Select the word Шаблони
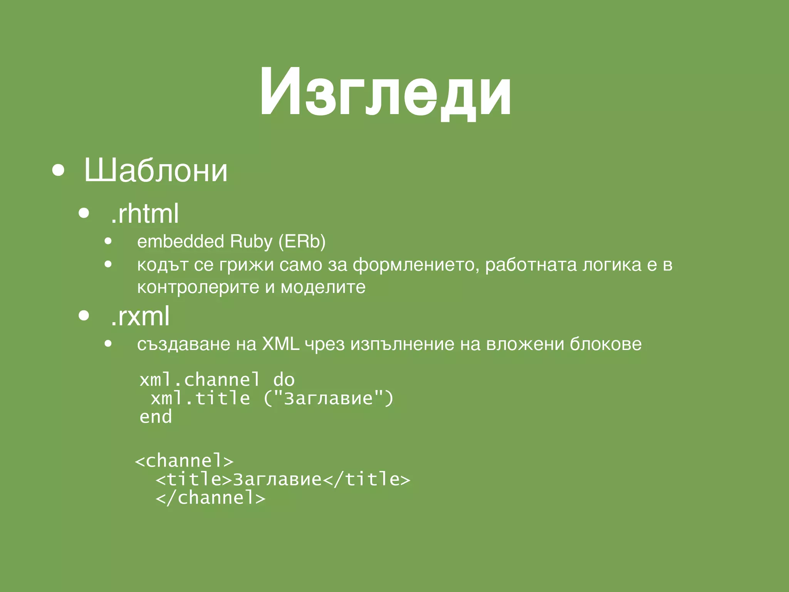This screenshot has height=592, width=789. pyautogui.click(x=156, y=170)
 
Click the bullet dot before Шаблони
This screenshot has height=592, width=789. pyautogui.click(x=58, y=170)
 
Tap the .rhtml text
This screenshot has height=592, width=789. pyautogui.click(x=144, y=214)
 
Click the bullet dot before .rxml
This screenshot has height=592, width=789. pyautogui.click(x=84, y=316)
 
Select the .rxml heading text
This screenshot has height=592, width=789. pyautogui.click(x=140, y=316)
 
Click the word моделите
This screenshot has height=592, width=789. pyautogui.click(x=323, y=287)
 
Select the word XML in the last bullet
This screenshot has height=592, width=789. pyautogui.click(x=280, y=344)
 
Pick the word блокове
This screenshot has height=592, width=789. pyautogui.click(x=606, y=344)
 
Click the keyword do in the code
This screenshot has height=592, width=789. pyautogui.click(x=284, y=380)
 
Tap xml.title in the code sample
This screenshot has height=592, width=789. pyautogui.click(x=200, y=398)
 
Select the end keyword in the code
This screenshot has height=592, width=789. pyautogui.click(x=156, y=417)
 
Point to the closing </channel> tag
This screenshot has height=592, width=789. pyautogui.click(x=210, y=498)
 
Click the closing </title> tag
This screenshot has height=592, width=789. pyautogui.click(x=366, y=479)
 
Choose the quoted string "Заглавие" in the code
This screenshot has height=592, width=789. pyautogui.click(x=329, y=398)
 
